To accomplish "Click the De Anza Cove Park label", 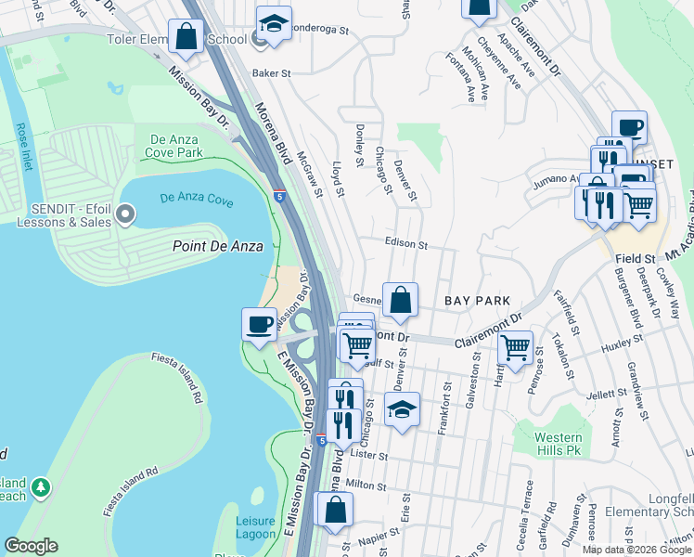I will tap(175, 146).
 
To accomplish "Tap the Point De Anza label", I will tap(218, 246).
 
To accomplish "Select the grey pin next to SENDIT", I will tap(122, 215).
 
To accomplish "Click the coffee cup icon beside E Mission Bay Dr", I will tap(259, 324).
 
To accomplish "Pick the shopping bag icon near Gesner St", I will tap(400, 300).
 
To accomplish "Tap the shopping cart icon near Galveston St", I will tap(515, 348).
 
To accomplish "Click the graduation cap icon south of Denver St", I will tap(402, 409).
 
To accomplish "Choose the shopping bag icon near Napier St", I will tap(336, 509).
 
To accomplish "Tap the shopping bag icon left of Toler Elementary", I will tap(186, 37).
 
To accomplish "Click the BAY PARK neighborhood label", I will tap(478, 302).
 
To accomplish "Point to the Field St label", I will tap(637, 257).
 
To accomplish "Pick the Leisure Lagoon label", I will tap(255, 527).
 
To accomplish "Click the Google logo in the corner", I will tap(31, 546).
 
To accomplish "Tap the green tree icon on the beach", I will tap(40, 487).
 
